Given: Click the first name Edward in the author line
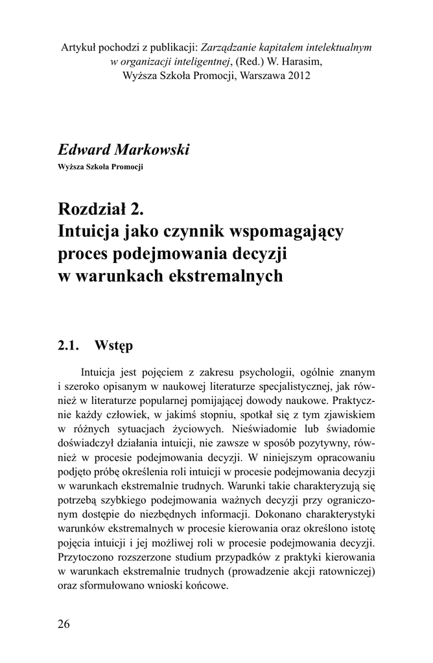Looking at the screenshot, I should pos(84,150).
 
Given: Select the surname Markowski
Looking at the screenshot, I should pos(152,150).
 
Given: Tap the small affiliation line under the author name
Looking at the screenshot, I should pos(100,167).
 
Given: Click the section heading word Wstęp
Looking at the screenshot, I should pos(113,345).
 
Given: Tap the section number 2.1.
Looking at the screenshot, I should pos(69,345).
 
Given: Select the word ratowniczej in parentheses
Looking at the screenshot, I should pos(349,572).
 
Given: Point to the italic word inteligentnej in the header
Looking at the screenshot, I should pos(196,62).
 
